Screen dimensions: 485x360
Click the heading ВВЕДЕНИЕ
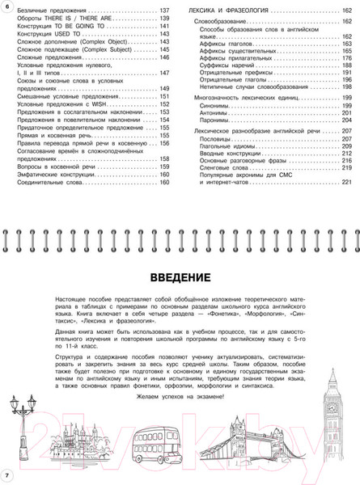click(x=179, y=278)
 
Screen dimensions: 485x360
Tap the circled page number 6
click(x=6, y=6)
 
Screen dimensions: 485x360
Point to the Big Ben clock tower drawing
click(x=332, y=408)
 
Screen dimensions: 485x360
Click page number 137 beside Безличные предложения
click(x=163, y=9)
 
